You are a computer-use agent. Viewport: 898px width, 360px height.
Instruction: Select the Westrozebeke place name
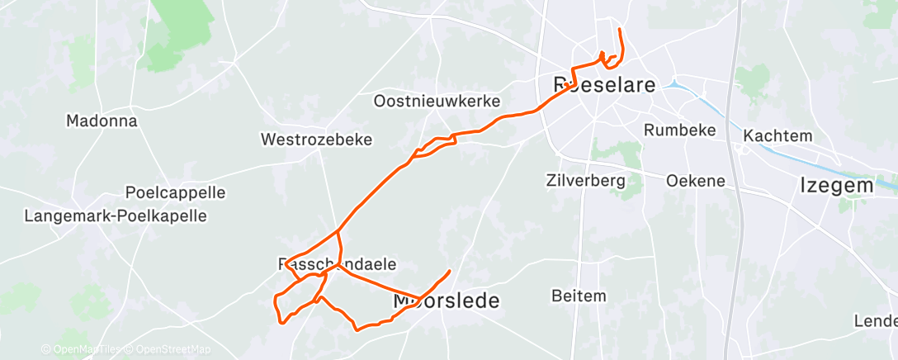point(317,140)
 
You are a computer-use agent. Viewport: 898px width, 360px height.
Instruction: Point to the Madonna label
point(102,121)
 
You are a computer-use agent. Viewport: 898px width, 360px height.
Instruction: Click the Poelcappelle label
point(175,192)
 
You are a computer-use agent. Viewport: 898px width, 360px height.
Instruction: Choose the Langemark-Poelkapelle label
point(116,216)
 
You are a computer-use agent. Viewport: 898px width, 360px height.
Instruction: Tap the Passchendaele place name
point(338,264)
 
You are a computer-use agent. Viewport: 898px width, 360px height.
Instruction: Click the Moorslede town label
point(446,301)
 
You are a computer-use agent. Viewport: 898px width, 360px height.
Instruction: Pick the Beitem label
point(579,296)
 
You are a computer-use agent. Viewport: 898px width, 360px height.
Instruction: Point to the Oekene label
point(695,180)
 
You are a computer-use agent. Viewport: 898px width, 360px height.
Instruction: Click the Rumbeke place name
point(678,130)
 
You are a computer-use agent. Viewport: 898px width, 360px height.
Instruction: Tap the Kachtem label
point(777,135)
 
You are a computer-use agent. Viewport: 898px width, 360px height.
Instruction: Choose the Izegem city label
point(837,186)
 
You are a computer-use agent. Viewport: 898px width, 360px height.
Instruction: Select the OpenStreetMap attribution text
point(163,349)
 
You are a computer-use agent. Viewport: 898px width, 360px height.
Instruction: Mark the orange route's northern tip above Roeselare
point(620,30)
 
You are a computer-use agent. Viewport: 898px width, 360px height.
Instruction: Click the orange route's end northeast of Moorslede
point(450,271)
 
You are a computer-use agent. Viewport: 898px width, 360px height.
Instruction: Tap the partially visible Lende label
point(877,320)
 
